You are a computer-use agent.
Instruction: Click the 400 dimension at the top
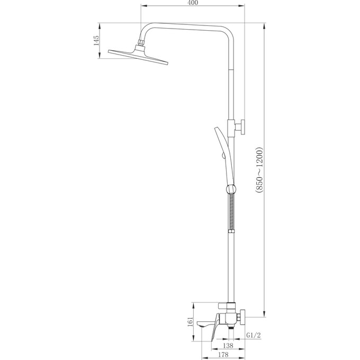[x=193, y=4]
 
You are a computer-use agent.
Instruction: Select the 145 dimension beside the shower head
[x=96, y=41]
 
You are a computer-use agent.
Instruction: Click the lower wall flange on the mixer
[x=242, y=318]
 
